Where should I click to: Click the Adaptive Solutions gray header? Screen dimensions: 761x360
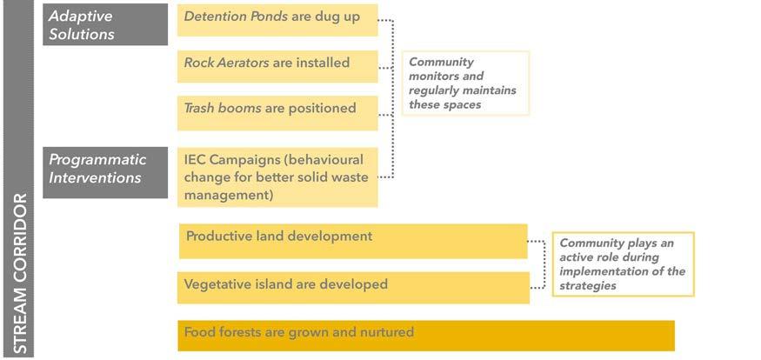point(105,24)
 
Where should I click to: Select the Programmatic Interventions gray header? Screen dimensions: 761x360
point(105,172)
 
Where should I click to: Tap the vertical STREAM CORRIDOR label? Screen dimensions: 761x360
point(19,274)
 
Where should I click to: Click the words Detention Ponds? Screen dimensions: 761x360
point(236,17)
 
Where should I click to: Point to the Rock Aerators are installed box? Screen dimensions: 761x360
point(277,66)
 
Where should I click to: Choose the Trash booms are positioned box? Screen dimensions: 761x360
point(277,113)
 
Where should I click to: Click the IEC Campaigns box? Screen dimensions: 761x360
point(277,177)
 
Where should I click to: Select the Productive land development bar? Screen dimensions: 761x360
point(353,241)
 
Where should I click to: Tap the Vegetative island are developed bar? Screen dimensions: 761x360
point(353,288)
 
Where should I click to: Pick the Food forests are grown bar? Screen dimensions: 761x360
point(426,336)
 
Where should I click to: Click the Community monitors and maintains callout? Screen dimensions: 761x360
point(465,83)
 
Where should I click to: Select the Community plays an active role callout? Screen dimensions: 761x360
point(624,264)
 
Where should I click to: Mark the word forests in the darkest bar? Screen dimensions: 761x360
point(240,332)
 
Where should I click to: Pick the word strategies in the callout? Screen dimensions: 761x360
point(588,286)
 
